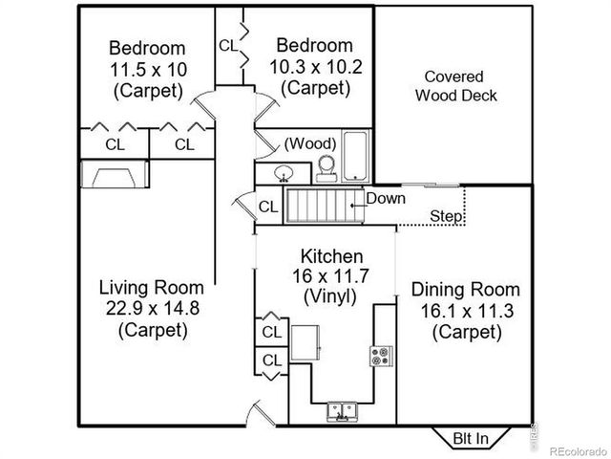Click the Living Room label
(153, 287)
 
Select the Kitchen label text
(331, 255)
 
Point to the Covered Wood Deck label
(453, 86)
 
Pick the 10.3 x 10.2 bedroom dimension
(315, 67)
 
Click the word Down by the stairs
(386, 199)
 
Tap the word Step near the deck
(445, 216)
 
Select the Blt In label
(470, 439)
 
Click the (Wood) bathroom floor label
(310, 143)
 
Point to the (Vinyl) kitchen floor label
(330, 296)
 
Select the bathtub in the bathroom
(355, 156)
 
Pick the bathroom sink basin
(284, 174)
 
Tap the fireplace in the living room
(114, 175)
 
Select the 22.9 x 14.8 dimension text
(153, 308)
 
